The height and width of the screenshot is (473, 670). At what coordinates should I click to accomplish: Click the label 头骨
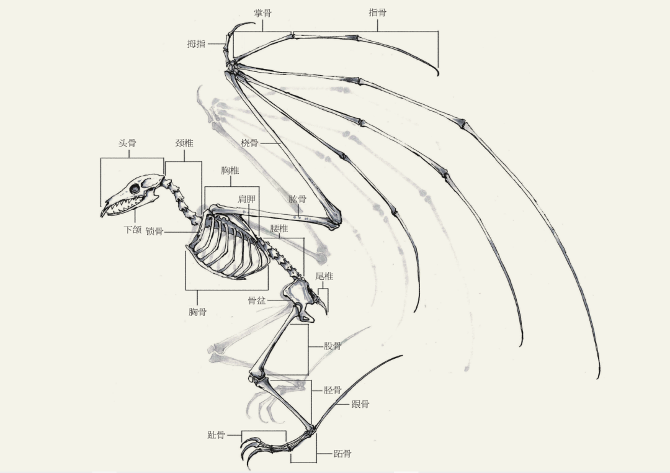point(127,143)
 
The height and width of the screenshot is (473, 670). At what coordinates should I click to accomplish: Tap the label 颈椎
point(185,143)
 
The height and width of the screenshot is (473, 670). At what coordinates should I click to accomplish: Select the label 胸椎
point(230,170)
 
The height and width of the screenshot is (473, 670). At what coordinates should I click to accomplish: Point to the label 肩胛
point(246,199)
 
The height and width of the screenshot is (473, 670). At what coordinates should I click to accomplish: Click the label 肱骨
point(297,199)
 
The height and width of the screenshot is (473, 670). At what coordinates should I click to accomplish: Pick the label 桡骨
point(249,143)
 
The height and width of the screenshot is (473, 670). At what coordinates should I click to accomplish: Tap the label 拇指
point(196,43)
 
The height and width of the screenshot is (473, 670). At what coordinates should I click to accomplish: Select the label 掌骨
point(263,13)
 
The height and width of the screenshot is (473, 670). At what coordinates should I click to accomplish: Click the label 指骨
point(378,12)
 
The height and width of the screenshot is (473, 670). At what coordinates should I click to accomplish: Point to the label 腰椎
point(279,228)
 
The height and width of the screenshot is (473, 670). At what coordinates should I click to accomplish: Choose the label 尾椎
point(324,276)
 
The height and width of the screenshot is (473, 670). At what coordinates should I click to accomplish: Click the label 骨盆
point(257,300)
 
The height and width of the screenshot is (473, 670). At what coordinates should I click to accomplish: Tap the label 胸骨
point(197,312)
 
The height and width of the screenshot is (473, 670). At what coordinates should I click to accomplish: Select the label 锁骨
point(154,232)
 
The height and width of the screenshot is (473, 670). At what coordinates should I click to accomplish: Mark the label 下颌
point(133,230)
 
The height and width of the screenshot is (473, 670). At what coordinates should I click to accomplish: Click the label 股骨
point(333,346)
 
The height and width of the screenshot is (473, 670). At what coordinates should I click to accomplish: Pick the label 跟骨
point(360,403)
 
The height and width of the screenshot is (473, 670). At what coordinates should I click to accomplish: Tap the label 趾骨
point(217,435)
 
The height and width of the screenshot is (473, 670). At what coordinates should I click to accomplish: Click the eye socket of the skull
point(135,189)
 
